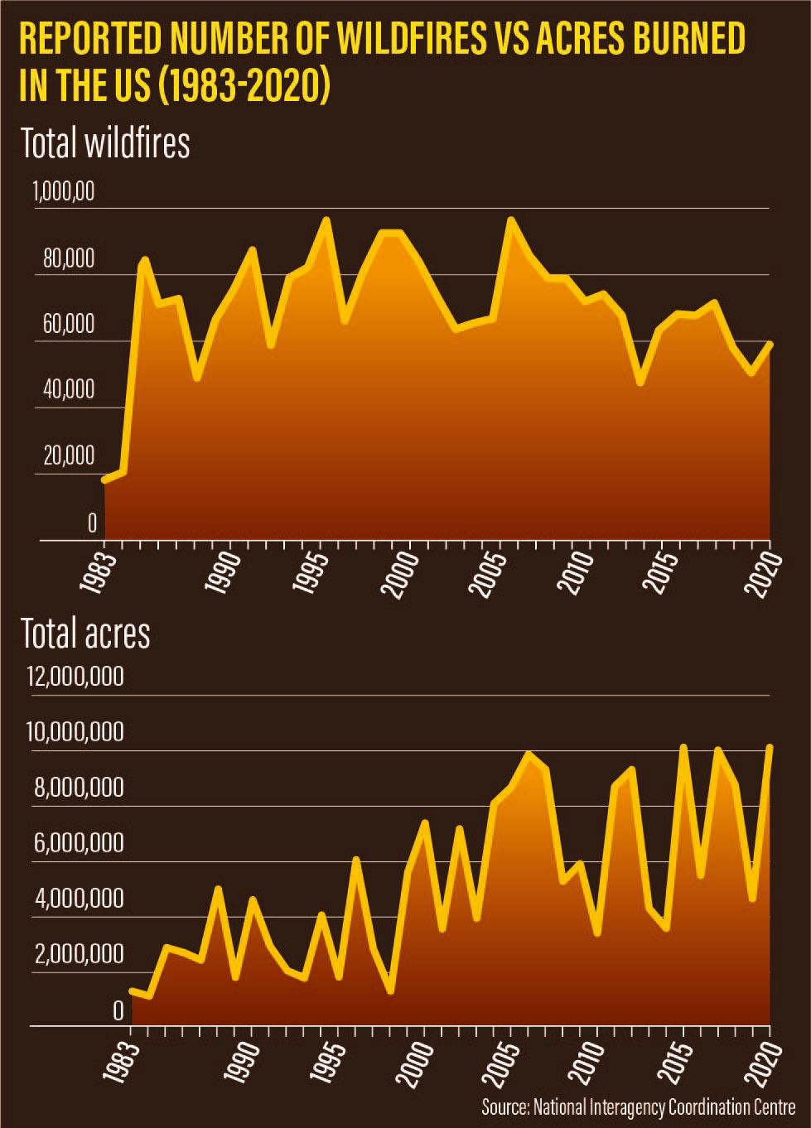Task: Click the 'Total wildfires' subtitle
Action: [x=105, y=142]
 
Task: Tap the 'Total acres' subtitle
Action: [x=85, y=634]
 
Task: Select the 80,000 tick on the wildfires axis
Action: [x=69, y=259]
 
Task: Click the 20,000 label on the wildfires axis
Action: [x=69, y=456]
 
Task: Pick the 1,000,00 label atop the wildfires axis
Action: [x=64, y=192]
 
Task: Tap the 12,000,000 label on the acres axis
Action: [x=75, y=677]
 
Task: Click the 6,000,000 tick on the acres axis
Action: [x=79, y=843]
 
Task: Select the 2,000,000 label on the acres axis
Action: [x=79, y=954]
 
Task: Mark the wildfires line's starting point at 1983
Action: [x=105, y=480]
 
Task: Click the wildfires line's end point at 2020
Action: [x=770, y=344]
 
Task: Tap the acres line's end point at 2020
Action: [x=770, y=747]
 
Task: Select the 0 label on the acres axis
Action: [x=117, y=1010]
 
